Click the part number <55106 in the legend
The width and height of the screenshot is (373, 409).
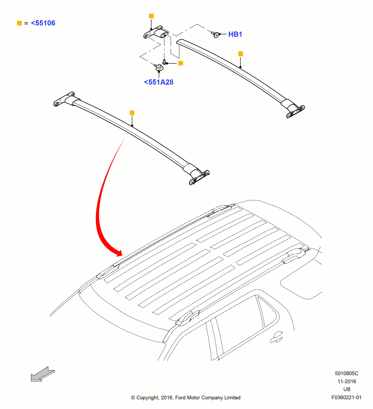43,23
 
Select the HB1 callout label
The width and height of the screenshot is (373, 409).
235,34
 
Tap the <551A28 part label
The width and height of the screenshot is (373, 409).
159,82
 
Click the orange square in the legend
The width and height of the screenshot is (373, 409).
20,23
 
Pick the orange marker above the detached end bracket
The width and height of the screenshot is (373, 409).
151,16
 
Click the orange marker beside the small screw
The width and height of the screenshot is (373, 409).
181,63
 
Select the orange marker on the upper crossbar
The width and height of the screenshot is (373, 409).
241,54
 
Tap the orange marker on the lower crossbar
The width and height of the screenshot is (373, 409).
132,113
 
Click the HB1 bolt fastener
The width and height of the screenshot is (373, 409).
216,35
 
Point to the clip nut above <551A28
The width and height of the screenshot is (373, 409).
159,68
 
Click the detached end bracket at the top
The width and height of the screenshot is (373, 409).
156,33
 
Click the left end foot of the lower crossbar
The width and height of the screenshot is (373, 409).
64,99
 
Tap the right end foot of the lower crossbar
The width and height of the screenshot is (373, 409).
199,177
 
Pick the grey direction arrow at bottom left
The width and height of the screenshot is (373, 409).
42,375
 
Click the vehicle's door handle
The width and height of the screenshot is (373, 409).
277,337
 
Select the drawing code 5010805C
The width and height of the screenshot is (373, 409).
346,373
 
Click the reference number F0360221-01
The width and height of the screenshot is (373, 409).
346,397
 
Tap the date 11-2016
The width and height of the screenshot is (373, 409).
347,381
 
